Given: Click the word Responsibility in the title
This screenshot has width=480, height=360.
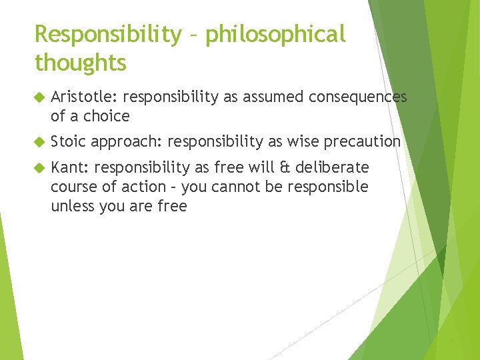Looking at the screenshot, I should (107, 35).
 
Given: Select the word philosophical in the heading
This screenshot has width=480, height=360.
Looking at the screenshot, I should (275, 35).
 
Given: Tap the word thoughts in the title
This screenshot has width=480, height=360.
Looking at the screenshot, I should (80, 63).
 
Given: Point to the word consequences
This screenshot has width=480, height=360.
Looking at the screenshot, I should (357, 97).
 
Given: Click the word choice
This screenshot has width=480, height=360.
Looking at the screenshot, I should (107, 116).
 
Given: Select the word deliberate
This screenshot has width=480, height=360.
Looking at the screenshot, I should (335, 167).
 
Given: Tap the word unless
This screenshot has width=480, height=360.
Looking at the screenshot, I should (71, 206).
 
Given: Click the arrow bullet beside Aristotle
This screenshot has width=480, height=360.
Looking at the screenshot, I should (39, 98).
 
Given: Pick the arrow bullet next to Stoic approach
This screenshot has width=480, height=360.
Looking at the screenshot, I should (39, 142).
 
